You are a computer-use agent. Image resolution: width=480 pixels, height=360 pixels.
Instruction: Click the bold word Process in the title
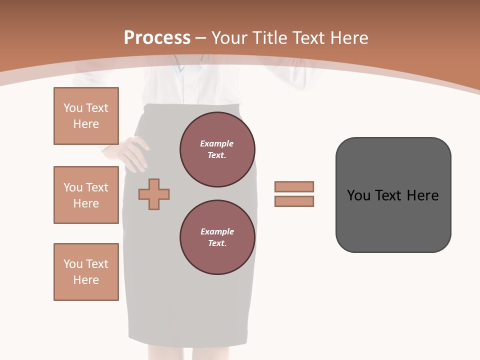[157, 37]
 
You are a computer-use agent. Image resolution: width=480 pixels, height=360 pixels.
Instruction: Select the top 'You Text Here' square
[86, 116]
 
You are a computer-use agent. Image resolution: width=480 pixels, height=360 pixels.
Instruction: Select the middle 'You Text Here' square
[86, 195]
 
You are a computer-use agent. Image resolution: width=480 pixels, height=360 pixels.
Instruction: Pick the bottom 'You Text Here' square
[86, 272]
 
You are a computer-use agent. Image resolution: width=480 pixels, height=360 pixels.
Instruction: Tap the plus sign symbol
[154, 193]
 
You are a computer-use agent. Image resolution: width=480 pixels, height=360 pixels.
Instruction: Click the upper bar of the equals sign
[294, 186]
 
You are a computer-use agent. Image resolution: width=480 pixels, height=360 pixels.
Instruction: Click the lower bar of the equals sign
[294, 201]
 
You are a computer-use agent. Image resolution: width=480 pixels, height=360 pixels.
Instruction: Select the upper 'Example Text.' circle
[217, 149]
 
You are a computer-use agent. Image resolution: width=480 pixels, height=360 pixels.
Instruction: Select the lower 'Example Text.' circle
[217, 237]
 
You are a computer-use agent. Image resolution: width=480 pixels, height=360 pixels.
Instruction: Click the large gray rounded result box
[393, 220]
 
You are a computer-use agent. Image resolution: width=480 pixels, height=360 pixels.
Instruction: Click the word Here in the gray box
[422, 195]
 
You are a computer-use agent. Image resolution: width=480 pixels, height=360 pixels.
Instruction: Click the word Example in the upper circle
[217, 143]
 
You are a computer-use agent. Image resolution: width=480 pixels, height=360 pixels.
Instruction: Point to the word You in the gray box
[358, 195]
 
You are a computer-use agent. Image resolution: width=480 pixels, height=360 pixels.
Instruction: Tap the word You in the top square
[73, 108]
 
